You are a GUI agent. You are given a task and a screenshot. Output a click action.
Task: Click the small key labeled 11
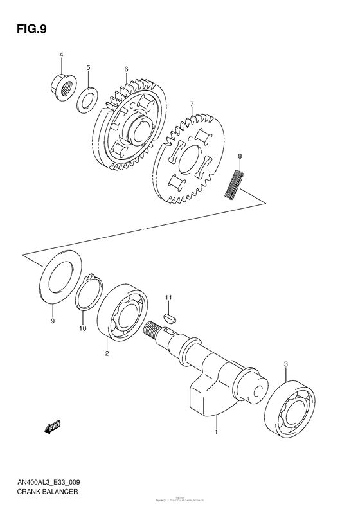(170, 316)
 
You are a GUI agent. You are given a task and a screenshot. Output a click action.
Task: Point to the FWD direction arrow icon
(52, 426)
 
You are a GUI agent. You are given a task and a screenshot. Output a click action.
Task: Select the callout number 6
(127, 69)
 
